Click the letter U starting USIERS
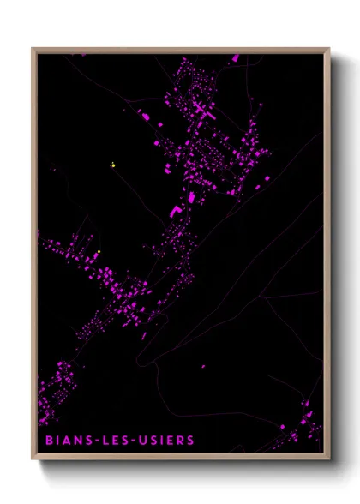click(136, 441)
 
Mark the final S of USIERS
click(189, 441)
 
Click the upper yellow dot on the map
click(112, 165)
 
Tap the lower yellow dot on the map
click(99, 251)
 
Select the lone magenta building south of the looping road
click(203, 367)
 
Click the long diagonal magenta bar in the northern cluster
click(201, 111)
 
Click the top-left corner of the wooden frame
click(33, 49)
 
